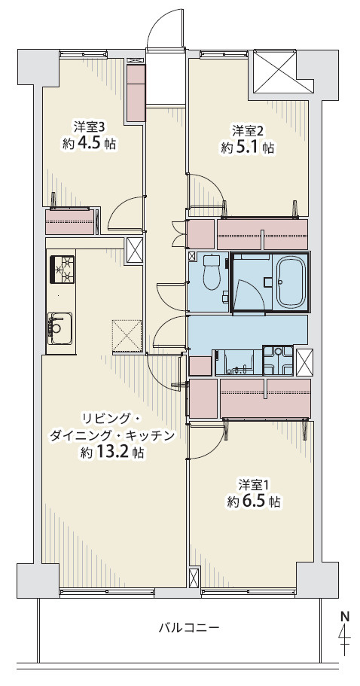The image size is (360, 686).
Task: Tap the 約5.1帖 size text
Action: pos(246,148)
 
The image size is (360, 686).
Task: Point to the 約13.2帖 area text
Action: pos(112,453)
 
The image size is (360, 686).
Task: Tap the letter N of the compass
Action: pos(345,615)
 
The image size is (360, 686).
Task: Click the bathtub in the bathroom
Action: pos(290,283)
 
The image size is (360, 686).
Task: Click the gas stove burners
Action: pos(63,270)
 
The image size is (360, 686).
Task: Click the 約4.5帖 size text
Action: pos(89,143)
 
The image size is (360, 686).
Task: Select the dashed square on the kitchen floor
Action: pos(127,335)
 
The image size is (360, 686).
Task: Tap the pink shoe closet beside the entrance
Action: pos(136,92)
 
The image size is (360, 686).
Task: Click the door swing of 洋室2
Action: pos(205,192)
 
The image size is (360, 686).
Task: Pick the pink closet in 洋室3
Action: pos(70,222)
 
